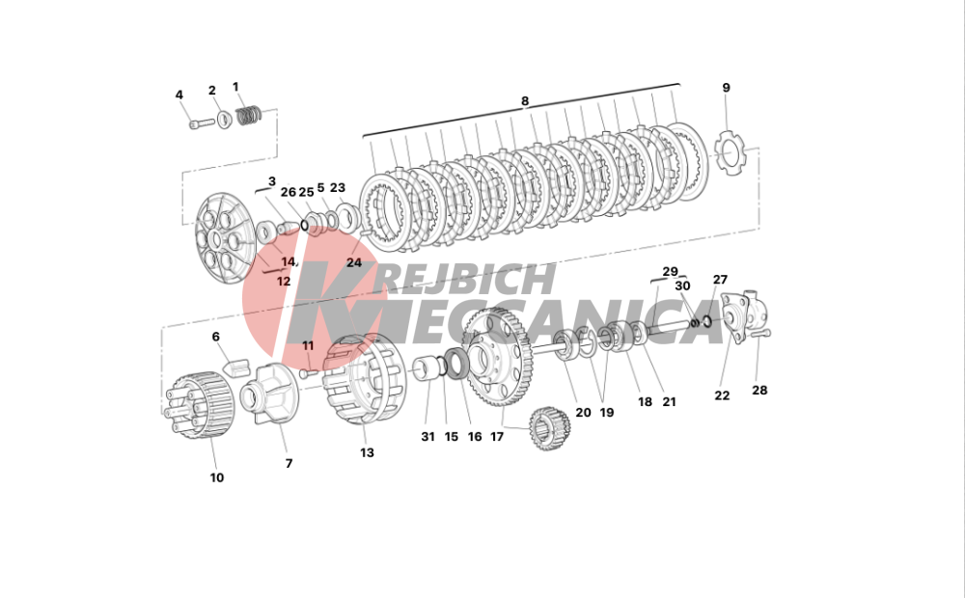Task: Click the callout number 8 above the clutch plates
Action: click(524, 101)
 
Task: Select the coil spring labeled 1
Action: click(249, 115)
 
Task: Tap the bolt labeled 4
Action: click(202, 123)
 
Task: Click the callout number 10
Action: click(216, 477)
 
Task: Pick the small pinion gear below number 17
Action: click(550, 428)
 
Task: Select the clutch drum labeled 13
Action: click(365, 378)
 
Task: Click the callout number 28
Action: click(759, 390)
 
